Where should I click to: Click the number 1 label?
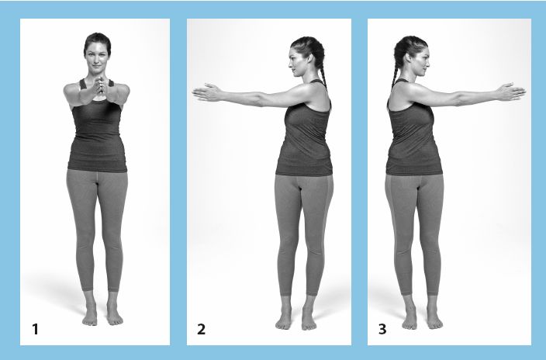(35, 329)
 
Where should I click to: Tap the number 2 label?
(202, 329)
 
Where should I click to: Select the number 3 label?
(382, 329)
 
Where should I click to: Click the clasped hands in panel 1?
(98, 85)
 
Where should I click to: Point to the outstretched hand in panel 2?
(208, 92)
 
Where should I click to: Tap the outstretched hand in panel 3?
(511, 92)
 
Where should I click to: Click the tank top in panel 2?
(304, 136)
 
